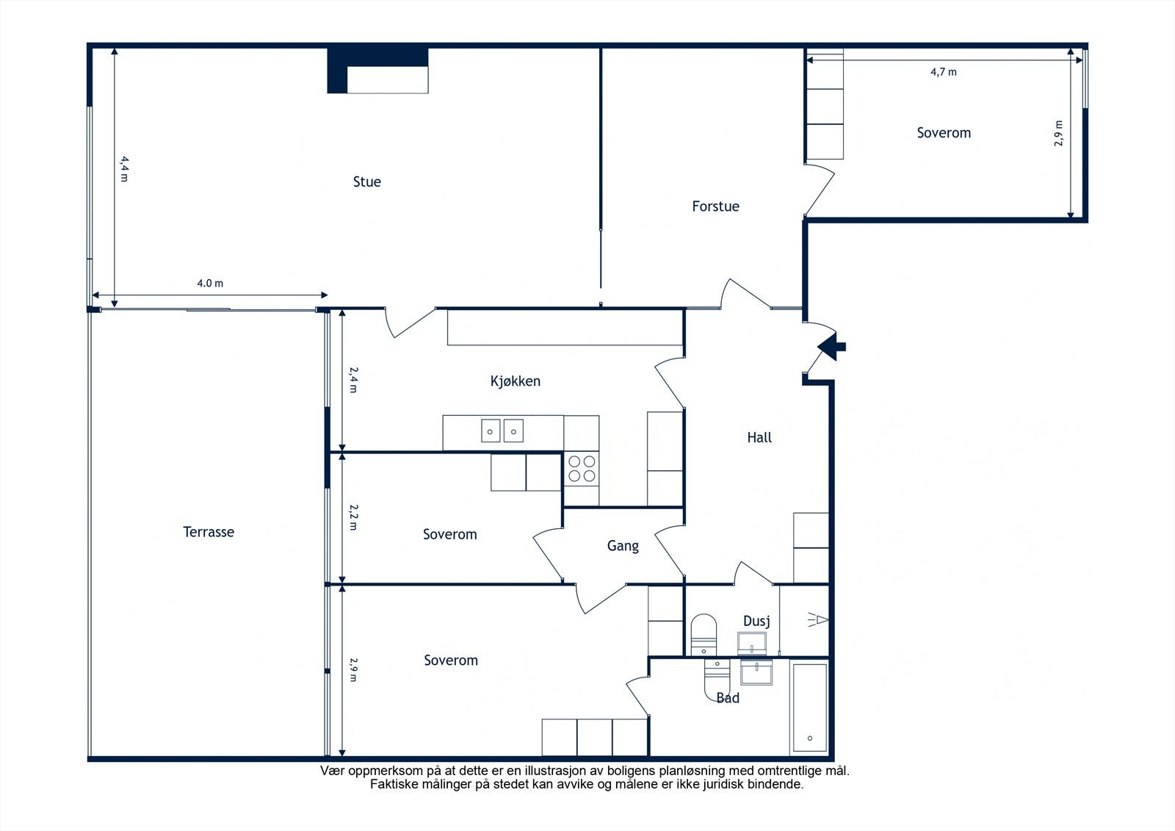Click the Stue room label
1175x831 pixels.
point(366,181)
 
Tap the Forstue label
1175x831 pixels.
point(715,206)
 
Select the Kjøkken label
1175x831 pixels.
point(515,381)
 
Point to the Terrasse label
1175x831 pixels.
point(209,532)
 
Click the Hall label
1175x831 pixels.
point(759,437)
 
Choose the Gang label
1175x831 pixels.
point(623,546)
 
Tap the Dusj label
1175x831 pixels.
point(756,621)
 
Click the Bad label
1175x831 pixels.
point(728,698)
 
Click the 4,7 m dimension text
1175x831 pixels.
point(943,72)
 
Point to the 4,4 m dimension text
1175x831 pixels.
point(124,168)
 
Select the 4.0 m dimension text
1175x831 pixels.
point(210,284)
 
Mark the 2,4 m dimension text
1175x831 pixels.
point(353,380)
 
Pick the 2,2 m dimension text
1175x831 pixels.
point(353,517)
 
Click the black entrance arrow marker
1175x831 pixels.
point(831,347)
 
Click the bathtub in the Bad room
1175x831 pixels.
point(809,707)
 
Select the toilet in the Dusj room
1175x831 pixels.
point(704,635)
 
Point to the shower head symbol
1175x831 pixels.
point(818,620)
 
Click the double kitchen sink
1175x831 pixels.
point(502,431)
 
